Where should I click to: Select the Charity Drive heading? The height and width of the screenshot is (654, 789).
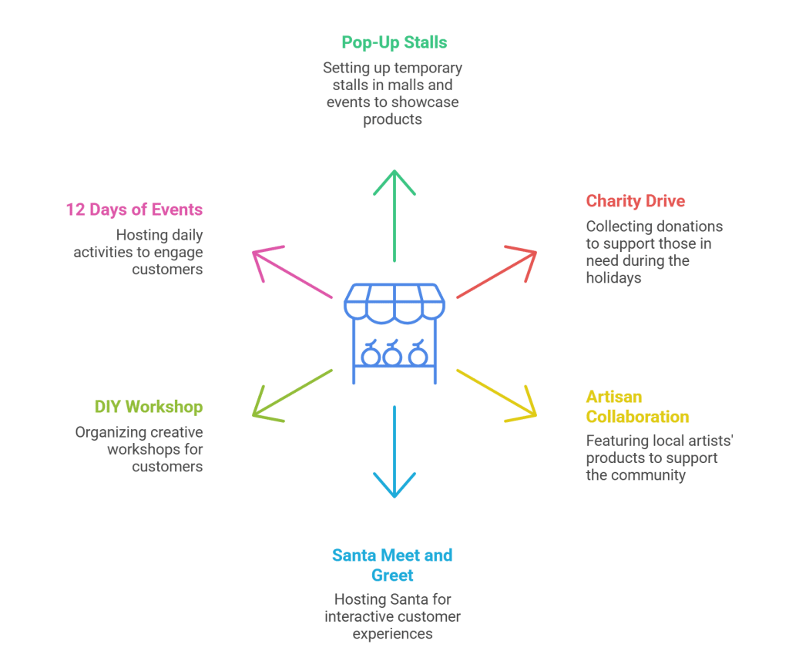pos(636,201)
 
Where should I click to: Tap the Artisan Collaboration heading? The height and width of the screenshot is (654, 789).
pos(637,407)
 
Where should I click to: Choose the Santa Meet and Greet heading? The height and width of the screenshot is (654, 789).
pos(392,565)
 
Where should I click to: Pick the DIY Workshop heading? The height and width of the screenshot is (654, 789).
pos(149,406)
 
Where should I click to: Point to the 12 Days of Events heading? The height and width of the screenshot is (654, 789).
pos(134,210)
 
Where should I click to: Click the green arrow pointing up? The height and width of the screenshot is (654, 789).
pos(394,215)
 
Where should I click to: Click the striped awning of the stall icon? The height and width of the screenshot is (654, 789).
pos(394,301)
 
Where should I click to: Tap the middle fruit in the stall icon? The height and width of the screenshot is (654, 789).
pos(393,355)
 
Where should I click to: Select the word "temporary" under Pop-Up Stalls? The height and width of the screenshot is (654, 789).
pos(427,68)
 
